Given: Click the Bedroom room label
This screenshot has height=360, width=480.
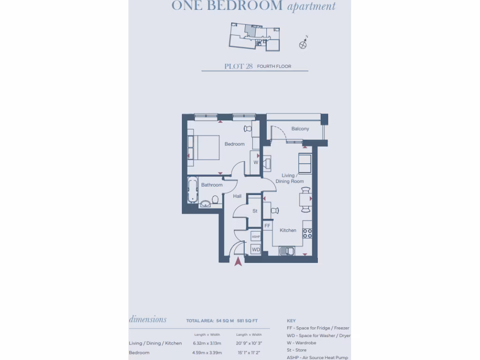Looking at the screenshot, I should pos(234,144).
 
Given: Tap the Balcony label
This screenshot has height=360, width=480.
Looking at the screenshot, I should pos(300,129).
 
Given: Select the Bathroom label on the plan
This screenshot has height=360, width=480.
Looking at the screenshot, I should pos(212,185).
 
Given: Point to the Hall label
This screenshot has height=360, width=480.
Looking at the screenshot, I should pos(237,196).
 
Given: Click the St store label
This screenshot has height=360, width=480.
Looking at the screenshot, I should pos(255,211).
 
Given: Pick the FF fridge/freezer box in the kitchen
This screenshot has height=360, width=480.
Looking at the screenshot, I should pos(267,226).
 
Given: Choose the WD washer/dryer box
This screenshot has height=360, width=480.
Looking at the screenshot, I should pos(256,250).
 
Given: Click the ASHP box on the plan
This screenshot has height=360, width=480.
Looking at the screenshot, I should pos(256,237).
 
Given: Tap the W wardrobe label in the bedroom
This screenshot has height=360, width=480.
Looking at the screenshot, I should pos(256,163).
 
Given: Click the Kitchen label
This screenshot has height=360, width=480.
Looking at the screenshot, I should pos(288,230).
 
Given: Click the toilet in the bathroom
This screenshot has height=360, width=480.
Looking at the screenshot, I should pos(215,200).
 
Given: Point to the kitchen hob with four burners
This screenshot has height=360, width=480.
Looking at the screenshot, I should pos(307,233).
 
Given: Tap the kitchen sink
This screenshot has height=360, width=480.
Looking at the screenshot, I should pos(286,251).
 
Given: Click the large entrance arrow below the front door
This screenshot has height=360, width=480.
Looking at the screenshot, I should pos(239,261).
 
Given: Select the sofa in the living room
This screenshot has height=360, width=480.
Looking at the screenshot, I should pos(305,163).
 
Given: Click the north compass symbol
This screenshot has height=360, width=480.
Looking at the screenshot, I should pos(303,44).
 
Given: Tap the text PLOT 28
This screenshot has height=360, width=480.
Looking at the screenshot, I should pos(239,67).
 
